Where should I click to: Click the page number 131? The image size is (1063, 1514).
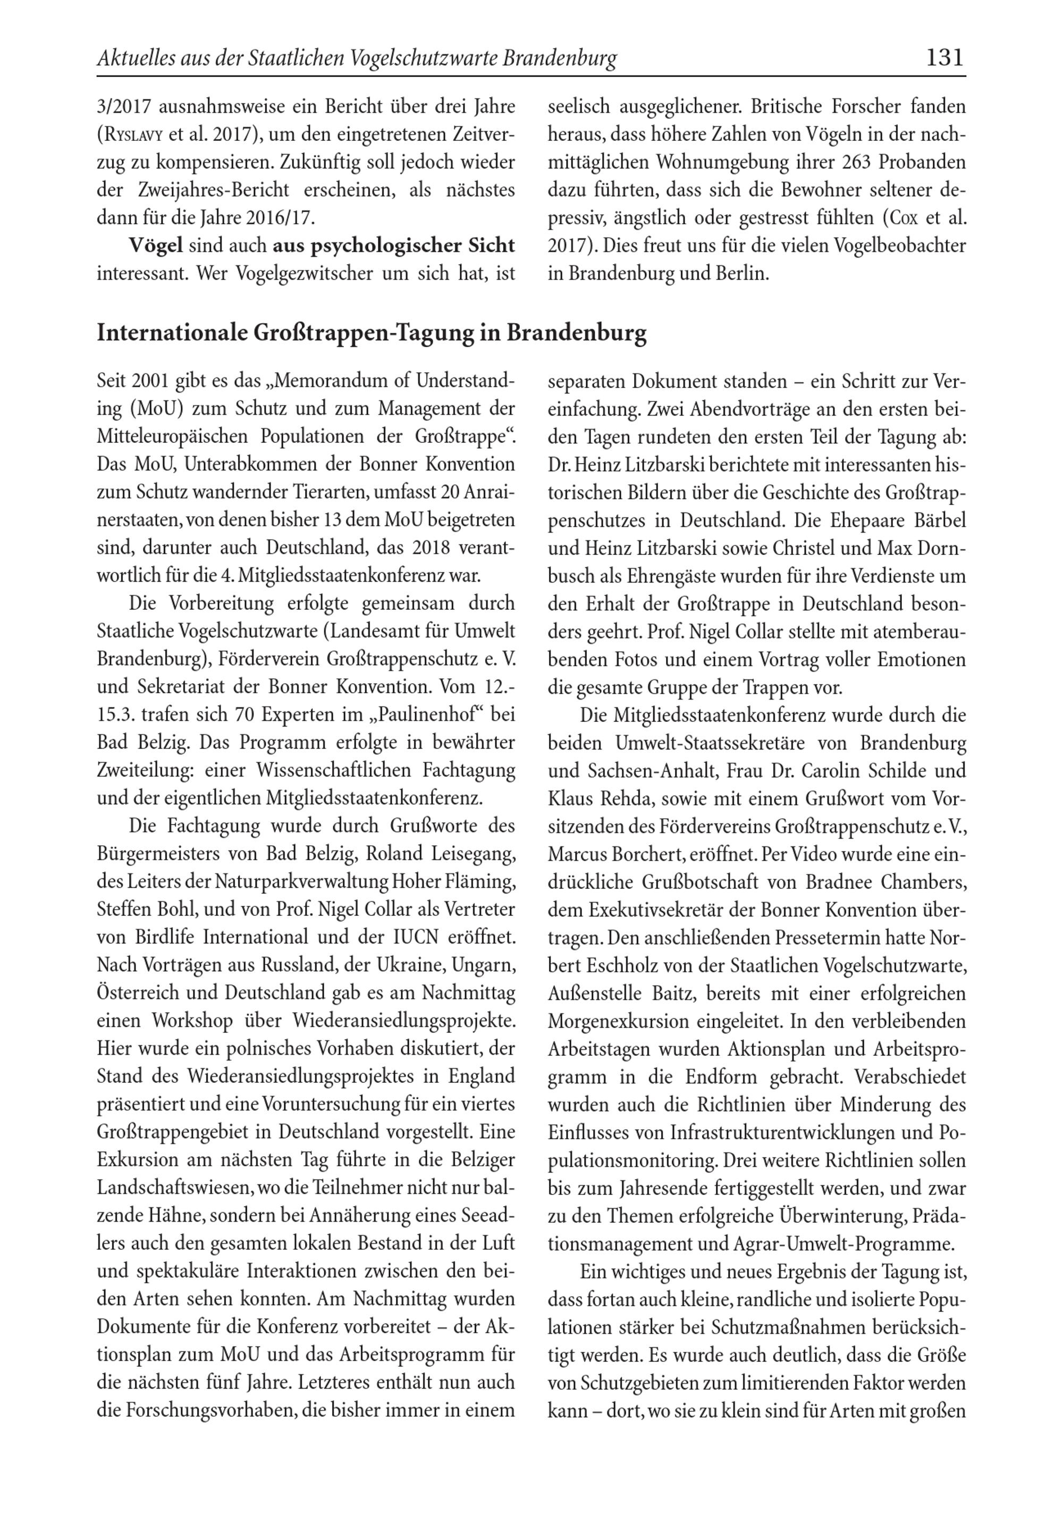945,58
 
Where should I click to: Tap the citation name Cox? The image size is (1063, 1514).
901,217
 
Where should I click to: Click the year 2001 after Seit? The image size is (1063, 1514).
151,381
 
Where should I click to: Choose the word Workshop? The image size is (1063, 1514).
192,1021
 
